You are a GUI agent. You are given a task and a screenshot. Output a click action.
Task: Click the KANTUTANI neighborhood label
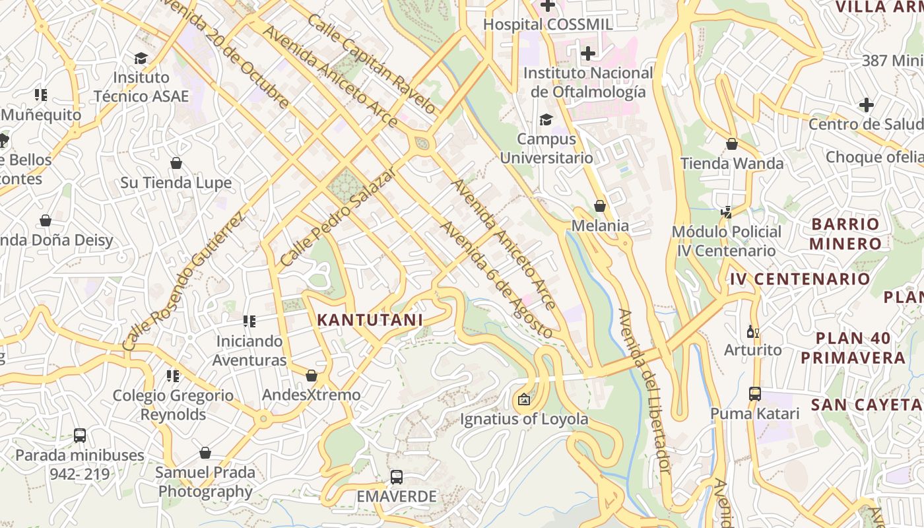pos(370,320)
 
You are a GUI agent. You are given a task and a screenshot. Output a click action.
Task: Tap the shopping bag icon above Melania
pos(600,207)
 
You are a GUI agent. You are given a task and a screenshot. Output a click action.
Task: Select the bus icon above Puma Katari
pos(755,394)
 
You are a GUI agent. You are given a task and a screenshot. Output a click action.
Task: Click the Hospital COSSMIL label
pos(548,24)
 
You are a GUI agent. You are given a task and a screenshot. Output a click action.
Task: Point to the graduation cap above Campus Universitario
pos(546,119)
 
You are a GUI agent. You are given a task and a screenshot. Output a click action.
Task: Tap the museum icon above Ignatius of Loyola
pos(524,399)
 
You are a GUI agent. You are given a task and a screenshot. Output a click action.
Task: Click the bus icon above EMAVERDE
pos(397,477)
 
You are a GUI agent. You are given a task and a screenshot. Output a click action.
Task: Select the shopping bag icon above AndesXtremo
pos(312,376)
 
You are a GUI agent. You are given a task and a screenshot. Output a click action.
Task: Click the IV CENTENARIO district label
pos(800,279)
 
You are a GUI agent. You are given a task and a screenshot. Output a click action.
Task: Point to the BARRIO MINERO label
pos(845,234)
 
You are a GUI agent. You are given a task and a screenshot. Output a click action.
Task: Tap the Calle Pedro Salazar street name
pos(338,217)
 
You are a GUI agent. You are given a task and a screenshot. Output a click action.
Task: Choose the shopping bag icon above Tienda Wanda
pos(732,144)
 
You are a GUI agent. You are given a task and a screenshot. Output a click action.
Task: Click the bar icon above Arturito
pos(752,331)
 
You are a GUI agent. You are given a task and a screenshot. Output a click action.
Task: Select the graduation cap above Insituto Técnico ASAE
pos(141,58)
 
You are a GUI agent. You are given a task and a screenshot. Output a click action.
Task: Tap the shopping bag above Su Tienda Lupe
pos(176,163)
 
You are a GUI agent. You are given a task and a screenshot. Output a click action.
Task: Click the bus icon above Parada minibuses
pos(80,436)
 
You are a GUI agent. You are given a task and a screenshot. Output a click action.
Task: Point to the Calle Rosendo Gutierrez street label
pos(184,281)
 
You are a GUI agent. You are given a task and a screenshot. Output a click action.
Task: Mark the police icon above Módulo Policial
pos(727,213)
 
